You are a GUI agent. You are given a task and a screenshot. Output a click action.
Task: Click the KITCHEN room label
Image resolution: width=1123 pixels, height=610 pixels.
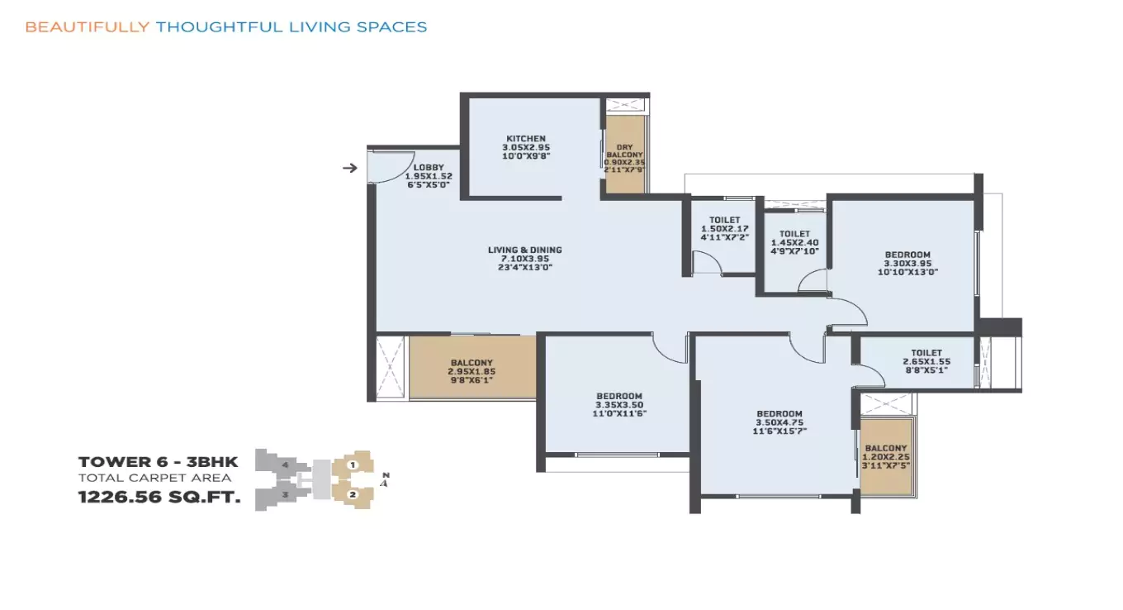click(526, 139)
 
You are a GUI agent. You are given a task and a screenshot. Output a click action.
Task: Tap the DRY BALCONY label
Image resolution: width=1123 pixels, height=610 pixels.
click(624, 147)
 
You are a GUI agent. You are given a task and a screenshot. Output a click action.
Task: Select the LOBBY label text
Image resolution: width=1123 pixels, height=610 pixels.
click(428, 168)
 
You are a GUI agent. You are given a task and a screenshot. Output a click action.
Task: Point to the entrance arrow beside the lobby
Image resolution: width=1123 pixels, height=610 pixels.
click(350, 169)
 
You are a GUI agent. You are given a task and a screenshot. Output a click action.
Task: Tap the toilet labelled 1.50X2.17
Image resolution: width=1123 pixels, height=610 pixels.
click(723, 228)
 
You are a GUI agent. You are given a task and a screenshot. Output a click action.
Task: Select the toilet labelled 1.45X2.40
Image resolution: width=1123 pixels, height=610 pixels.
click(794, 242)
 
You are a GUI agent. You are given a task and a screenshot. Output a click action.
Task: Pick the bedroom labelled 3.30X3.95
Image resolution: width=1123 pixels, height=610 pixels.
click(907, 262)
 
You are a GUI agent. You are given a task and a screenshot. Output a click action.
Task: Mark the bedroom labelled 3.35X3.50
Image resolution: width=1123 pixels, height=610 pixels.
click(618, 404)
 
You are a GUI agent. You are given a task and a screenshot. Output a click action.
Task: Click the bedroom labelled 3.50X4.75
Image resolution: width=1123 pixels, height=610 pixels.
click(779, 422)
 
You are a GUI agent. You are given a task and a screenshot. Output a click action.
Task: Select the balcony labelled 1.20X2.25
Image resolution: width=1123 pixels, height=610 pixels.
click(884, 457)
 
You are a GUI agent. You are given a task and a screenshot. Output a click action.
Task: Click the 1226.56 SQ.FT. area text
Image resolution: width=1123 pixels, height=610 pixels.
click(159, 498)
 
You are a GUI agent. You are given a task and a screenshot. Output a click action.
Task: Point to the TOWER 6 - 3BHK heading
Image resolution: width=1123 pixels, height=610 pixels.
click(158, 462)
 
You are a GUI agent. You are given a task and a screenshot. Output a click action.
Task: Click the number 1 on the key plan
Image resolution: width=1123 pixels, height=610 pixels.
click(353, 465)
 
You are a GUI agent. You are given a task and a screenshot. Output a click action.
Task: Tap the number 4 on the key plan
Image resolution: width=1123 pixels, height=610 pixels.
click(284, 465)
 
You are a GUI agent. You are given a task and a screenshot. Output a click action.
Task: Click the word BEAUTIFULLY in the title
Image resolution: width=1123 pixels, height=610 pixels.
click(87, 27)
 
